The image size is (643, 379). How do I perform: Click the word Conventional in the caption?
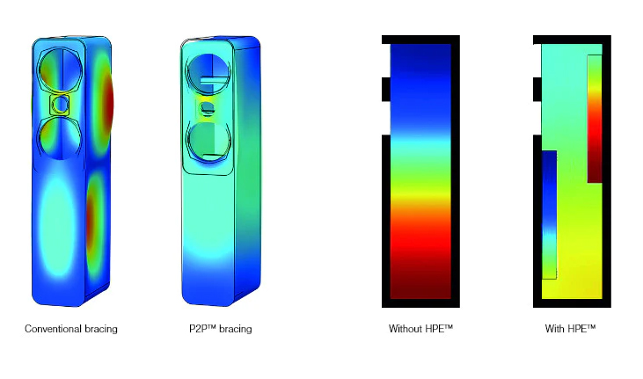click(x=54, y=329)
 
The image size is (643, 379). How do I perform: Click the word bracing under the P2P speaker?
click(x=236, y=329)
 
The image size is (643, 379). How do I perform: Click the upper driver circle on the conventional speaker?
click(x=61, y=69)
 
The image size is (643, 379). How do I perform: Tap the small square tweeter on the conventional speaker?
click(x=61, y=105)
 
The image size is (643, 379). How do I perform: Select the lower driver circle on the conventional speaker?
click(x=61, y=138)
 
